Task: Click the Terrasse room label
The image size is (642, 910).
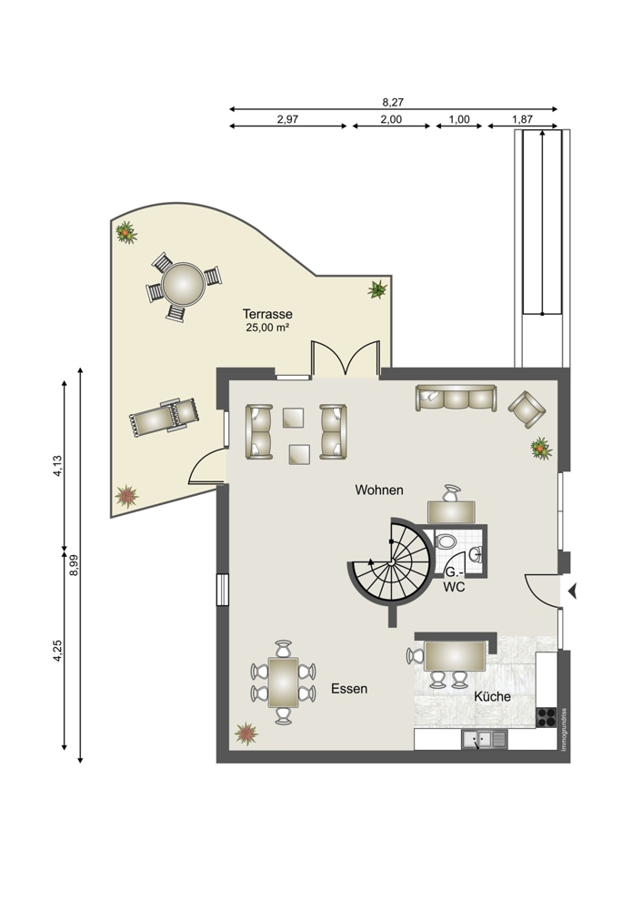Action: click(x=267, y=314)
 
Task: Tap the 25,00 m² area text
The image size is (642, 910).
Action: click(x=267, y=328)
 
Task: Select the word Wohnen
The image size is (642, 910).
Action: click(x=378, y=490)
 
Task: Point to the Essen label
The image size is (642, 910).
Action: click(x=349, y=689)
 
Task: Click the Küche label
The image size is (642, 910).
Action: click(x=492, y=696)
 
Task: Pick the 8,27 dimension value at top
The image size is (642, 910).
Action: click(x=393, y=102)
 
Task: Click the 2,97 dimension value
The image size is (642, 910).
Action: click(x=287, y=119)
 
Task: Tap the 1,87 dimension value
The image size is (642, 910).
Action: click(x=523, y=119)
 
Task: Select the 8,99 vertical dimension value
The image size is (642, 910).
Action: click(x=74, y=565)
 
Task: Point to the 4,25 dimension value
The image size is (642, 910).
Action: click(x=57, y=651)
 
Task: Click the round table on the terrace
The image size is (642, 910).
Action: click(x=184, y=284)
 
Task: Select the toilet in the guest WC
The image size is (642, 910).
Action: click(x=446, y=541)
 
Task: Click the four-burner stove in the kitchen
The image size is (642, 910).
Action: click(x=547, y=718)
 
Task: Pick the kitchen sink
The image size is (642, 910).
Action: click(x=485, y=739)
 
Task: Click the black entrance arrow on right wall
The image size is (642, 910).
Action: click(x=572, y=591)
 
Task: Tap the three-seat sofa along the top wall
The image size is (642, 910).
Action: click(x=456, y=399)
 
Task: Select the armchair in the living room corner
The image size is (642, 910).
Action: click(x=527, y=409)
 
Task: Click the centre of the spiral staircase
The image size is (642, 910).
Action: click(x=392, y=561)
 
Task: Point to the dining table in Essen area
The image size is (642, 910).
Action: click(x=284, y=682)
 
